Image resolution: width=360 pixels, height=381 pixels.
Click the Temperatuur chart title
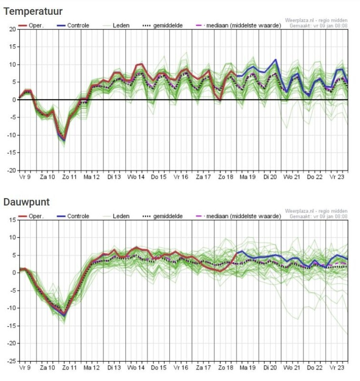tap(33, 10)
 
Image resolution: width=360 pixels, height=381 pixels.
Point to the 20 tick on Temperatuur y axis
tap(12, 30)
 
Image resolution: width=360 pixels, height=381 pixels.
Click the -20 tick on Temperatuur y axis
tap(11, 170)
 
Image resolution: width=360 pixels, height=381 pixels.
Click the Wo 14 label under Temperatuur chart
tap(136, 177)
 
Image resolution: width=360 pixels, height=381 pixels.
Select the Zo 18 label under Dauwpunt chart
tap(225, 368)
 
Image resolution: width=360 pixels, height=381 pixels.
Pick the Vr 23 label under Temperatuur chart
tap(337, 177)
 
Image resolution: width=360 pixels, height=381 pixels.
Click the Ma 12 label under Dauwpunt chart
tap(91, 368)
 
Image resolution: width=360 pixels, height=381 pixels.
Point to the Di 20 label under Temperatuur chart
tap(270, 177)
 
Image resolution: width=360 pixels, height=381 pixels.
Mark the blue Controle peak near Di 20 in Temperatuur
tap(275, 60)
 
